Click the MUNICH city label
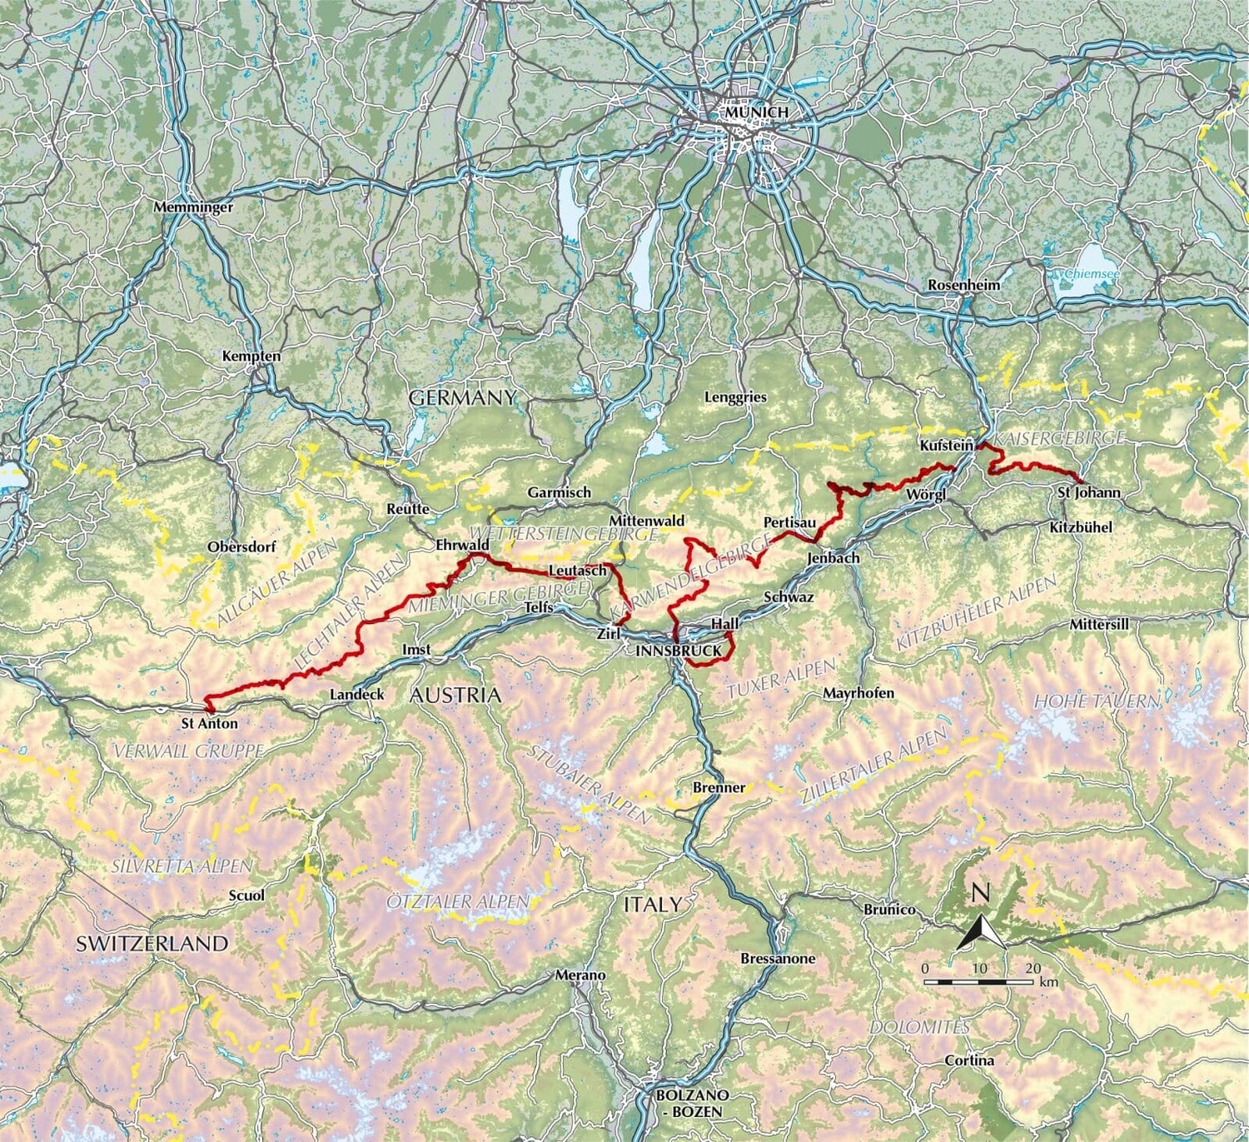click(756, 112)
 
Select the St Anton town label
click(209, 724)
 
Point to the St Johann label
click(1088, 492)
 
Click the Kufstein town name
click(946, 446)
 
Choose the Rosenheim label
click(964, 285)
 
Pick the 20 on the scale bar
click(1033, 969)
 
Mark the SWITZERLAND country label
click(152, 943)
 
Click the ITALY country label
click(653, 904)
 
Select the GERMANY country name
click(463, 398)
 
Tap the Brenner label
click(719, 787)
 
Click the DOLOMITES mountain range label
click(919, 1027)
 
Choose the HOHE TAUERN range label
click(1097, 701)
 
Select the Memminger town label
click(194, 207)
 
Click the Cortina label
click(969, 1060)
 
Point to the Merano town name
click(580, 975)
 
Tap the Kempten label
click(251, 357)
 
